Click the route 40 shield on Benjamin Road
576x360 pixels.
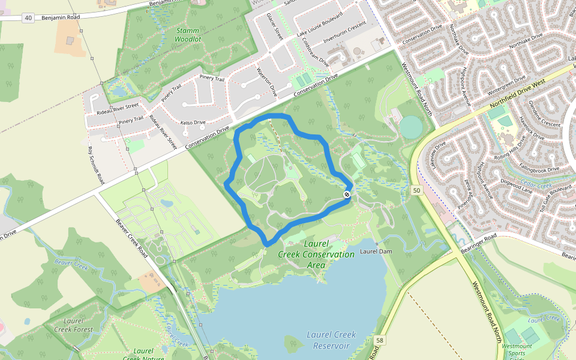point(28,18)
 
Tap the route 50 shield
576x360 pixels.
point(416,190)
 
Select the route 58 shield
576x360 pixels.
point(379,341)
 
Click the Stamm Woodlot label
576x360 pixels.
point(188,34)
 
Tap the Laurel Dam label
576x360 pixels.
point(377,251)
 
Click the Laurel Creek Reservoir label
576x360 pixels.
point(331,340)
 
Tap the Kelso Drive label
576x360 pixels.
point(193,122)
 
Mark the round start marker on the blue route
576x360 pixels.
point(347,194)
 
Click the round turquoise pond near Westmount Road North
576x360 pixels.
point(411,127)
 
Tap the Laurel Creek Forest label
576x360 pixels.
point(73,325)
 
